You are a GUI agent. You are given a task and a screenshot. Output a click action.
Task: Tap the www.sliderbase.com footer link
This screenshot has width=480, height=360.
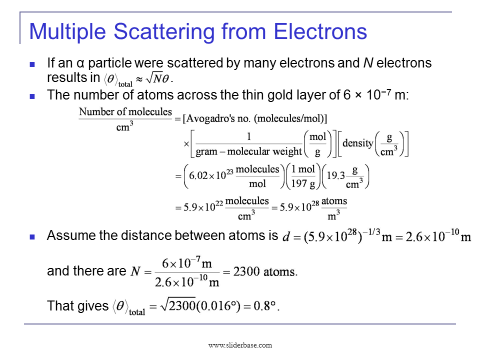click(240, 345)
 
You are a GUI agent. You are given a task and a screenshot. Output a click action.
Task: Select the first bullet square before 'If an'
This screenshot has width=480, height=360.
click(33, 64)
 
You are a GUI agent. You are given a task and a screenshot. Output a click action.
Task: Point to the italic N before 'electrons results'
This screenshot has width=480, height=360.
click(367, 63)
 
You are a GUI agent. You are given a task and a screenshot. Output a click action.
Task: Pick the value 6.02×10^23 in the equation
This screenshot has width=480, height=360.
click(211, 176)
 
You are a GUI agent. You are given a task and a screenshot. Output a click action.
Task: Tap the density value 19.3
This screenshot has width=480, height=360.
click(335, 176)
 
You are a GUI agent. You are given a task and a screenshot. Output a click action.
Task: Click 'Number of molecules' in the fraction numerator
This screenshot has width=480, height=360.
click(125, 112)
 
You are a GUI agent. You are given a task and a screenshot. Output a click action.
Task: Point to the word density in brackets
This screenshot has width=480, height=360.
click(358, 143)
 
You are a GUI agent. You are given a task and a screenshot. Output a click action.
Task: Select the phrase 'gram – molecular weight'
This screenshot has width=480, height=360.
click(249, 151)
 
